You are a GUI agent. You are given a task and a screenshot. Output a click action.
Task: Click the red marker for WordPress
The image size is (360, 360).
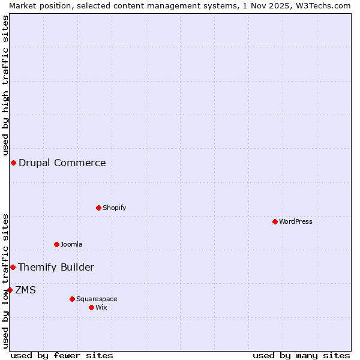pyautogui.click(x=275, y=221)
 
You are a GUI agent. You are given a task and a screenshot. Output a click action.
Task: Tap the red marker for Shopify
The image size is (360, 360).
pyautogui.click(x=98, y=208)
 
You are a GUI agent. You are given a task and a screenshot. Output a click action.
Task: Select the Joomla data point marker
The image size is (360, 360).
pyautogui.click(x=56, y=244)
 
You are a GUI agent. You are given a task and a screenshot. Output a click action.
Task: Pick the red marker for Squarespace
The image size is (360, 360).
pyautogui.click(x=72, y=299)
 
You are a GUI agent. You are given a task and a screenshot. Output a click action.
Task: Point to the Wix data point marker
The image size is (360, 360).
pyautogui.click(x=91, y=307)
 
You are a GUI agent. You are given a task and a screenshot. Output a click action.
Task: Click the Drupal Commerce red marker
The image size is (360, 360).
pyautogui.click(x=13, y=163)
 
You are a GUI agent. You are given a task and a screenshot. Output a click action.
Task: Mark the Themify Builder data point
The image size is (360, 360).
pyautogui.click(x=13, y=267)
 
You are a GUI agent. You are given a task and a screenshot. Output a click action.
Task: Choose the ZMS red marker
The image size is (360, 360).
pyautogui.click(x=10, y=290)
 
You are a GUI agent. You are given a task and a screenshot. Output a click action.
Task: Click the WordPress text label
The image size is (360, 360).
pyautogui.click(x=296, y=221)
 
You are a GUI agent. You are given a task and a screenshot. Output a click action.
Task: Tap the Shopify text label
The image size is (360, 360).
pyautogui.click(x=115, y=208)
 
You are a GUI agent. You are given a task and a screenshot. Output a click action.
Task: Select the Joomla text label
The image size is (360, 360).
pyautogui.click(x=71, y=244)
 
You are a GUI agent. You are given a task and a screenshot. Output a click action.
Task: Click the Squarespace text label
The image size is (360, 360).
pyautogui.click(x=97, y=299)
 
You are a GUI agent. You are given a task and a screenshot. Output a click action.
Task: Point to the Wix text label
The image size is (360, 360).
pyautogui.click(x=101, y=307)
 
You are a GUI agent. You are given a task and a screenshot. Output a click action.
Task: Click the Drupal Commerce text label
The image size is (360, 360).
pyautogui.click(x=62, y=163)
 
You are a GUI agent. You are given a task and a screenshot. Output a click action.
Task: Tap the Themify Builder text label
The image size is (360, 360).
pyautogui.click(x=56, y=267)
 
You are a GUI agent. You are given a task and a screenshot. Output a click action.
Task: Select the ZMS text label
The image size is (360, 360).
pyautogui.click(x=26, y=290)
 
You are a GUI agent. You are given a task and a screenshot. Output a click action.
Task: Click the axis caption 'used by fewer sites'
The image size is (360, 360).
pyautogui.click(x=62, y=355)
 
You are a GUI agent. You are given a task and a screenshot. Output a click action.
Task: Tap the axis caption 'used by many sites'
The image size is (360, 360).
pyautogui.click(x=301, y=355)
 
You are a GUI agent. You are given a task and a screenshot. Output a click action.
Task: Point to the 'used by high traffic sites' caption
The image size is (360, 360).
pyautogui.click(x=5, y=84)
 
